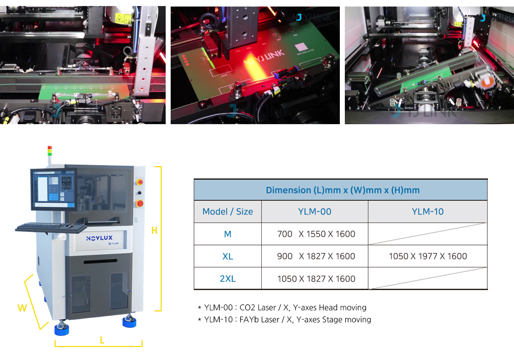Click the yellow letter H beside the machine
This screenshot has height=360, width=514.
pos(154,231)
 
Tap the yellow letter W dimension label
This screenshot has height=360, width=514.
pos(22,308)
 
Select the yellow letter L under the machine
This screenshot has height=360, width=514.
pos(102,340)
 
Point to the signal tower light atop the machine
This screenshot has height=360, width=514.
pos(50,151)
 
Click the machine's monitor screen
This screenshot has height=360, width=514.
pos(54,189)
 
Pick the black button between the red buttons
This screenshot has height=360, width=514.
pos(140,192)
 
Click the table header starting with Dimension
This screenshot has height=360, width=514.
pos(342,190)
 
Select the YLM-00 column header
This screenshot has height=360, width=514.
pos(314,211)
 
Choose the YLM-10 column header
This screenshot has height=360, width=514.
pos(427,211)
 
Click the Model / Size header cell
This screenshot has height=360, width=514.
pos(228,211)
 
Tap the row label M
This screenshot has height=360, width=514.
pos(228,234)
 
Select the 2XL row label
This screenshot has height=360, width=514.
pos(228,279)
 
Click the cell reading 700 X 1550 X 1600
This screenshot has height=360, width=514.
pos(316,234)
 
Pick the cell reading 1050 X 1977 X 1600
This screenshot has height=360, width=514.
pos(427,256)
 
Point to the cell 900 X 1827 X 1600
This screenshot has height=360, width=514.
pos(316,256)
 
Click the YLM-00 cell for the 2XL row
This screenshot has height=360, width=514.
pos(316,279)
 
